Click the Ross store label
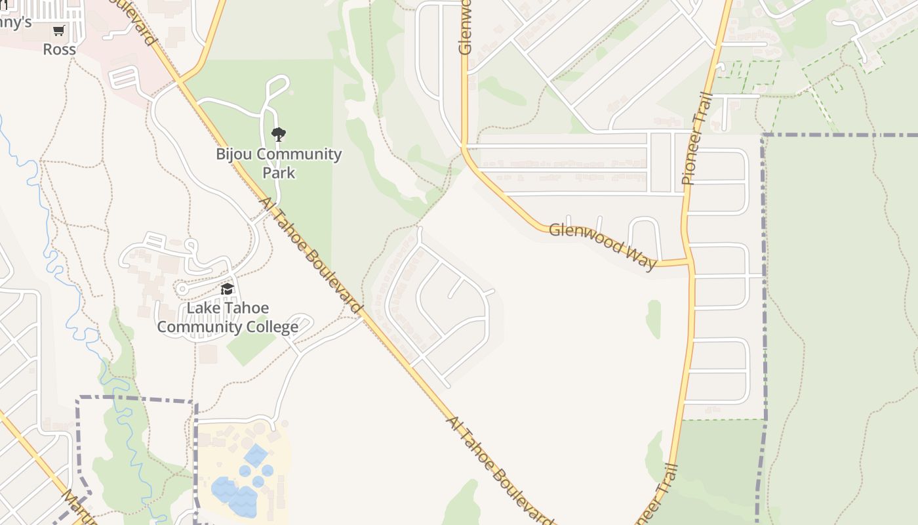59,49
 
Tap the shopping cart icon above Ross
59,31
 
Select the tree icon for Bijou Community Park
279,135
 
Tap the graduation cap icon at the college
227,289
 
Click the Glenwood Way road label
602,246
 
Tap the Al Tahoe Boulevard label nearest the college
312,256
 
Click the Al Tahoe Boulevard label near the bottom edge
499,470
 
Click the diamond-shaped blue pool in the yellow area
255,454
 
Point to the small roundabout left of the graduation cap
182,289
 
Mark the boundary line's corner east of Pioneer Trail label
764,136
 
